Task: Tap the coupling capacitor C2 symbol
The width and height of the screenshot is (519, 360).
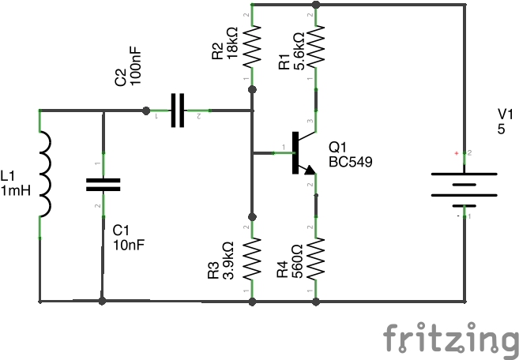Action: tap(179, 111)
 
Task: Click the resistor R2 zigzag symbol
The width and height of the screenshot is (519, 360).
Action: tap(253, 47)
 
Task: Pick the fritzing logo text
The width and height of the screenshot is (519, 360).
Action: tap(448, 338)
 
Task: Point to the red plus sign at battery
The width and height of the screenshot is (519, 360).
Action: tap(456, 152)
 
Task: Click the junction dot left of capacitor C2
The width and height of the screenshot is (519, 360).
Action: tap(145, 111)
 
